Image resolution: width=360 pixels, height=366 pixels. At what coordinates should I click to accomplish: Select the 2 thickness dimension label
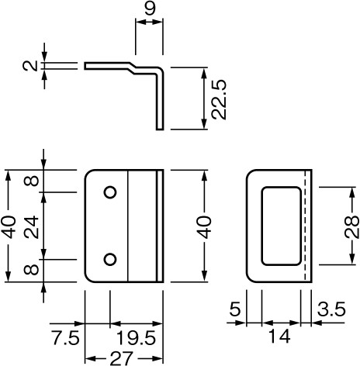coord(30,66)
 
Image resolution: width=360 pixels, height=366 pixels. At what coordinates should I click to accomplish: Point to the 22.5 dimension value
coord(219,99)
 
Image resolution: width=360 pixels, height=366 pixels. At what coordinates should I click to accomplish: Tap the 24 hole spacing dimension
coord(31,227)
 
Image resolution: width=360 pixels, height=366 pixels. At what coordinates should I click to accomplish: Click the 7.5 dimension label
coord(66,337)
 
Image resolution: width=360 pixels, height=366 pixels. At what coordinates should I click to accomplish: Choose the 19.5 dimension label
coord(136,337)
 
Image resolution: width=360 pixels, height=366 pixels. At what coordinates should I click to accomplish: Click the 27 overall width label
coord(122,358)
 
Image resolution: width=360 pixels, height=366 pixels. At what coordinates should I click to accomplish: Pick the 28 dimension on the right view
coord(352,227)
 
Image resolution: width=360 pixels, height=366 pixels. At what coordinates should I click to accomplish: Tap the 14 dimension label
coord(279,337)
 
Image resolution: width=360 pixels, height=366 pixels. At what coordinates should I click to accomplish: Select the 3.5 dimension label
coord(331,309)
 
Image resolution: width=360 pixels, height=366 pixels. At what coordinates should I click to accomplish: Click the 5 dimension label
coord(235,309)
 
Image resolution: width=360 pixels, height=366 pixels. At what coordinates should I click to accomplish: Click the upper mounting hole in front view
coord(110,192)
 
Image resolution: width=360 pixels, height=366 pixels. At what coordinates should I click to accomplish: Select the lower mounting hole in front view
coord(110,259)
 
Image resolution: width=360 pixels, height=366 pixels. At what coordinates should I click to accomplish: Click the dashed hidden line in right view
coord(306,226)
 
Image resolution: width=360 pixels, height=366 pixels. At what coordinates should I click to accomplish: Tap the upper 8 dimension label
coord(31,181)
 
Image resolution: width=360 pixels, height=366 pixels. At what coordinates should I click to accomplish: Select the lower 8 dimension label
coord(31,270)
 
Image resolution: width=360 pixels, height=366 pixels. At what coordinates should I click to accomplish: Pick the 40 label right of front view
coord(204,226)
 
